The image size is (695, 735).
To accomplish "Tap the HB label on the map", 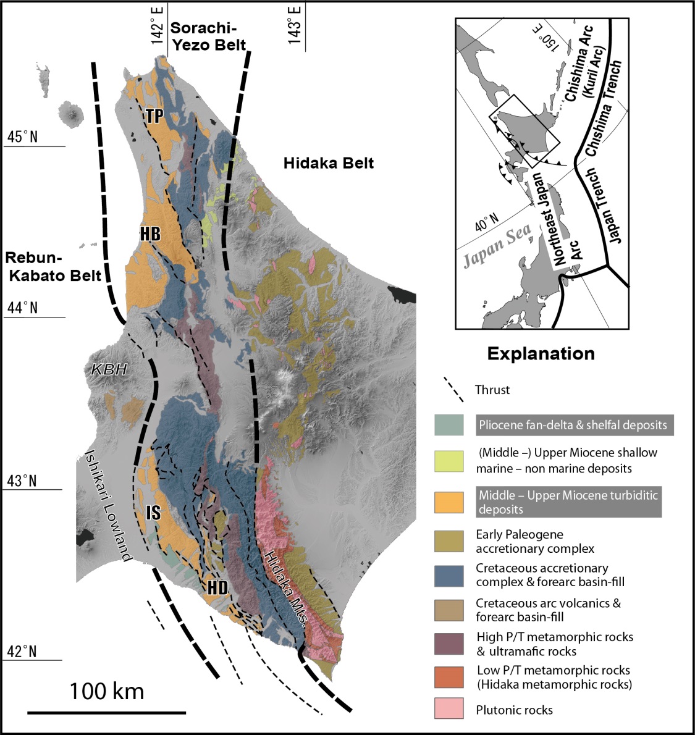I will [x=150, y=233].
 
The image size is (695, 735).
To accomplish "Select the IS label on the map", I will [x=154, y=511].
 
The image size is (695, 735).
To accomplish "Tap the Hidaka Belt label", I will [x=329, y=163].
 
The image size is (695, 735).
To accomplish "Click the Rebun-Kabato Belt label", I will [x=53, y=266].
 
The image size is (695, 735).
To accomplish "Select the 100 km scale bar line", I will [x=106, y=713].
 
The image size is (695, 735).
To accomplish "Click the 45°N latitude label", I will [x=22, y=136].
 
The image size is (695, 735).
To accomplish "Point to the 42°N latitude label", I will [x=22, y=652].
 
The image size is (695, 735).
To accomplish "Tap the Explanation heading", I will [x=541, y=354].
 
